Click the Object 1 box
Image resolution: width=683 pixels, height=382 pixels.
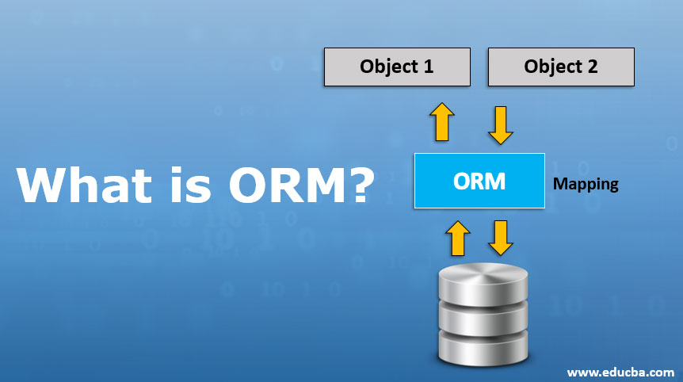click(x=397, y=66)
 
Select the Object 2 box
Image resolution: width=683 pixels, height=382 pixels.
click(x=561, y=66)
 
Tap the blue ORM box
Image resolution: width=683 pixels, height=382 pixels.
click(x=479, y=181)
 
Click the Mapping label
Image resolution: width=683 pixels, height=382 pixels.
click(x=586, y=185)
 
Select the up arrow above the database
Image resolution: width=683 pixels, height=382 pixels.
click(x=457, y=237)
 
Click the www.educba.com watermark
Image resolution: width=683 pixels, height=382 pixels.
click(x=620, y=371)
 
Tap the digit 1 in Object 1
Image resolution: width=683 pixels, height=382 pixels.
click(x=429, y=66)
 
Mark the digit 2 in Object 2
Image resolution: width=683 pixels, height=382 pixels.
click(x=592, y=66)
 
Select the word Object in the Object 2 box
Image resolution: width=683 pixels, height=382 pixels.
click(x=550, y=66)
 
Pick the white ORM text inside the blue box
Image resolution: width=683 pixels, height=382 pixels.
click(x=479, y=181)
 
